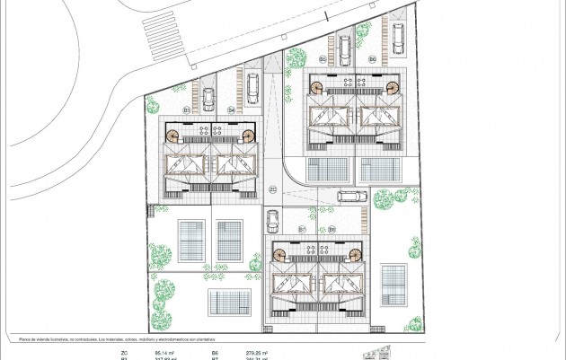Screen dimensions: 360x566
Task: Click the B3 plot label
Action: point(188,110)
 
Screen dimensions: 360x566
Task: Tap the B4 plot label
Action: point(231,110)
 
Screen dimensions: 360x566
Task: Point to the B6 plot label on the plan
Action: point(372,59)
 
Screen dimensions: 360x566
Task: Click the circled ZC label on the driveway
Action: point(273,189)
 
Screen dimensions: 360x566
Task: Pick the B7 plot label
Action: point(303,231)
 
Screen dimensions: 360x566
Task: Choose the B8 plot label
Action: point(332,231)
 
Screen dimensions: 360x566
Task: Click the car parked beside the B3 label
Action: point(208,97)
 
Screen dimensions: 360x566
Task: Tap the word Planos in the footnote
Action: point(26,339)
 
